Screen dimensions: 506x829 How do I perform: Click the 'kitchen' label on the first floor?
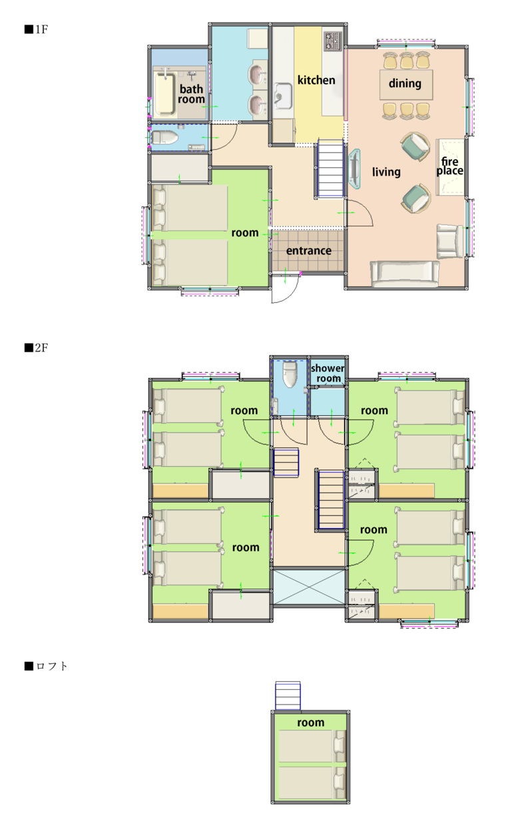316,80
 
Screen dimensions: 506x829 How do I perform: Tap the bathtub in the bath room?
164,93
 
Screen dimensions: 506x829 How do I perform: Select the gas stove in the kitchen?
333,41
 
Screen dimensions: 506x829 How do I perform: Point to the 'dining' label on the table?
405,83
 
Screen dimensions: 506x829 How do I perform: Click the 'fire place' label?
449,166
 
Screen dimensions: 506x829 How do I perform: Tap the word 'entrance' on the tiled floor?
309,250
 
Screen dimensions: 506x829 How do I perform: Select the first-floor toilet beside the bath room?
164,137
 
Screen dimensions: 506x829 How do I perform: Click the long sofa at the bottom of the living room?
405,274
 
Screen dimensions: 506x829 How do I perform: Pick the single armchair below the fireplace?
449,241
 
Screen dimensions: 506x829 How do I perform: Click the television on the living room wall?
354,168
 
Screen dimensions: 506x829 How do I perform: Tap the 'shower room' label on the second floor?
328,374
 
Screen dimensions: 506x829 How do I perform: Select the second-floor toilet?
290,374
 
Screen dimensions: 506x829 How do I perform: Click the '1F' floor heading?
36,29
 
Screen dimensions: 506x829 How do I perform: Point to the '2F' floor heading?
36,348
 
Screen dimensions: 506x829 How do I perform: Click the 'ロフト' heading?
46,666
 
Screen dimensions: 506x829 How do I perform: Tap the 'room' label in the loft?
310,722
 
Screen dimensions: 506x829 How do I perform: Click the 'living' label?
386,172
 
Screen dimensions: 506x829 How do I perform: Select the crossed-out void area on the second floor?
309,587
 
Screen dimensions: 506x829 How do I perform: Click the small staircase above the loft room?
288,696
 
